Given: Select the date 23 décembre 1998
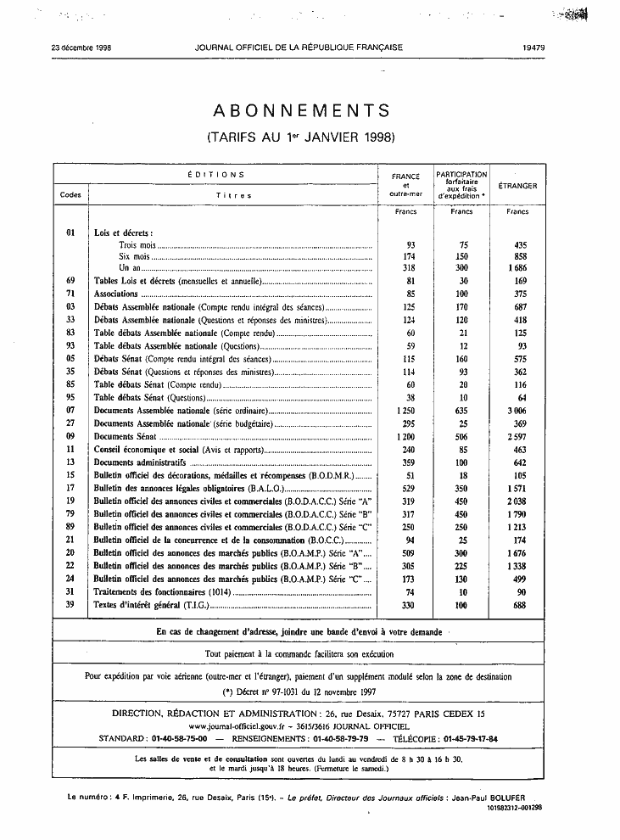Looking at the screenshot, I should (x=81, y=48).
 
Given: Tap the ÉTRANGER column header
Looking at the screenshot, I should (x=517, y=185).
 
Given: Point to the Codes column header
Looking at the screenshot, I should (x=71, y=195).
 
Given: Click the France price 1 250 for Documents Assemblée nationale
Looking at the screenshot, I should (x=405, y=410).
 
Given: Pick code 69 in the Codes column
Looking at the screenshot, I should (x=71, y=280).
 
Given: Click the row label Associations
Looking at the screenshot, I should (x=115, y=293).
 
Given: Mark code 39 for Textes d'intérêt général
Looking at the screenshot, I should (x=71, y=605).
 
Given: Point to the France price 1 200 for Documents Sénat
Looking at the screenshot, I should (x=405, y=436).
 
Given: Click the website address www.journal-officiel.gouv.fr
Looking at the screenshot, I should (x=246, y=727).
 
